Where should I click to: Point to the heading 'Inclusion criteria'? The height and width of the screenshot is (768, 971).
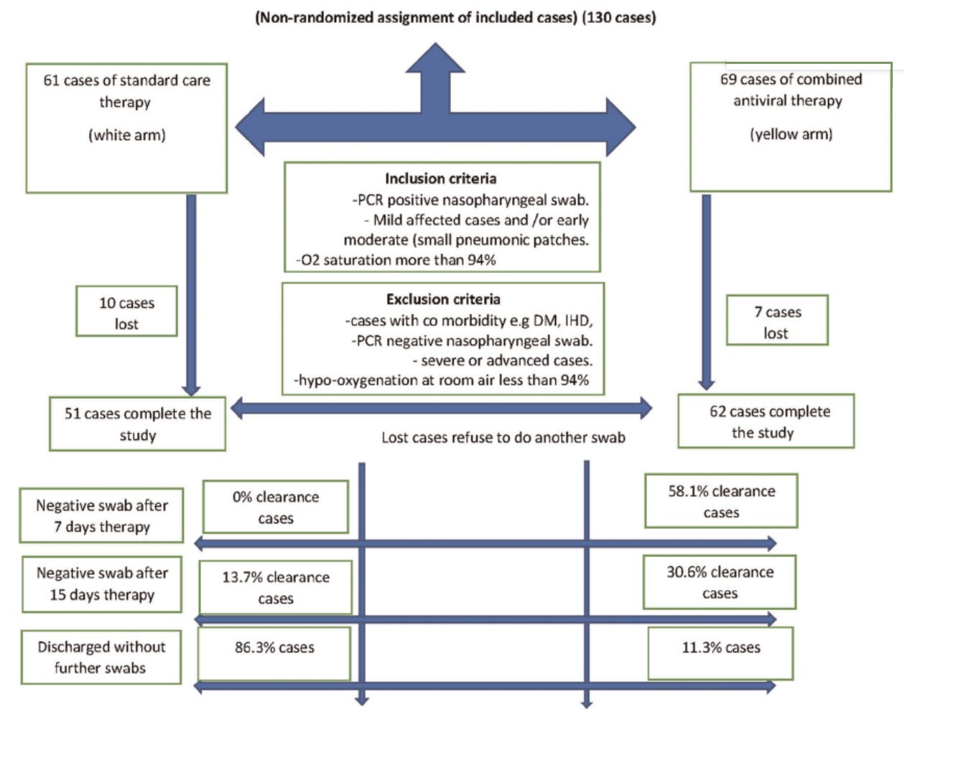tap(440, 179)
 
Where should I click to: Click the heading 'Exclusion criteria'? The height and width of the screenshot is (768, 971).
tap(443, 299)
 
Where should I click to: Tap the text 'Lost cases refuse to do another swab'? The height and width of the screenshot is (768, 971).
tap(503, 437)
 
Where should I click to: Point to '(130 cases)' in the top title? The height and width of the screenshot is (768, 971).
tap(618, 18)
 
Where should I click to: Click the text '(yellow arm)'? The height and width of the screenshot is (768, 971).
tap(791, 134)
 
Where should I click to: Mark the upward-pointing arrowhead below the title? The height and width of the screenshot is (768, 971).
tap(435, 57)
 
